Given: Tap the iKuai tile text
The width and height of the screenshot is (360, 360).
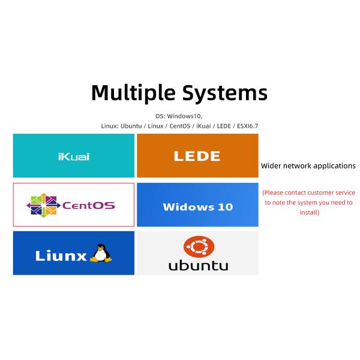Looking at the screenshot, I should [x=73, y=157].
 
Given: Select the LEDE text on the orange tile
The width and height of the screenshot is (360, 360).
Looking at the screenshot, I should [x=197, y=156].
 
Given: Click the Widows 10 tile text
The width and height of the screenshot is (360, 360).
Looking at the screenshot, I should [x=197, y=207].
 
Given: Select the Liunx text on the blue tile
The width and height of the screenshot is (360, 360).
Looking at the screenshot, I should [x=62, y=255].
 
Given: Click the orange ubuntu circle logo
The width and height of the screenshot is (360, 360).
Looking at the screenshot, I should [x=198, y=246].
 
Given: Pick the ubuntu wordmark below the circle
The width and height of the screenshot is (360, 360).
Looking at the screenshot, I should [x=198, y=265].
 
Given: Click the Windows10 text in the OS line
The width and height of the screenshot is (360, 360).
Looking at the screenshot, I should [x=185, y=116].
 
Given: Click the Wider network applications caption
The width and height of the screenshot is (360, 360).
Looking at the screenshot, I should [x=308, y=166].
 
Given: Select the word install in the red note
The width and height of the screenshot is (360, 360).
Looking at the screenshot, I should [x=308, y=212].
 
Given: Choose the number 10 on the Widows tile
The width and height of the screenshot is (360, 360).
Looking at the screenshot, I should [x=225, y=207].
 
